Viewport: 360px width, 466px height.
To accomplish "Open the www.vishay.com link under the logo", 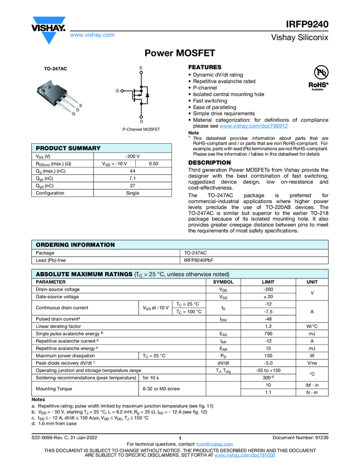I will click(92, 35).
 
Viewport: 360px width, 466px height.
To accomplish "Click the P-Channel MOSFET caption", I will click(141, 129).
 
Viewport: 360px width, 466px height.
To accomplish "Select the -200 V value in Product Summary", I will click(133, 156).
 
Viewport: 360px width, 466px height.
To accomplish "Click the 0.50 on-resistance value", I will click(154, 163).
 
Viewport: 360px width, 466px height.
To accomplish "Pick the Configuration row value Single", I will click(133, 193).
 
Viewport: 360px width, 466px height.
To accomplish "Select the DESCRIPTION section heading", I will click(209, 163).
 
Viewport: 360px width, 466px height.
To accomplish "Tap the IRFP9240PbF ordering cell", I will click(199, 260).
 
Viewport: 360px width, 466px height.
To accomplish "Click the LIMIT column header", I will click(268, 282).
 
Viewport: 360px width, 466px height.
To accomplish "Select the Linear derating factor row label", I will click(59, 326).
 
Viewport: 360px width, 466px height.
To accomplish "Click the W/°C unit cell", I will click(312, 326).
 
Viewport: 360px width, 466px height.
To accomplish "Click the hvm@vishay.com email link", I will click(211, 444).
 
